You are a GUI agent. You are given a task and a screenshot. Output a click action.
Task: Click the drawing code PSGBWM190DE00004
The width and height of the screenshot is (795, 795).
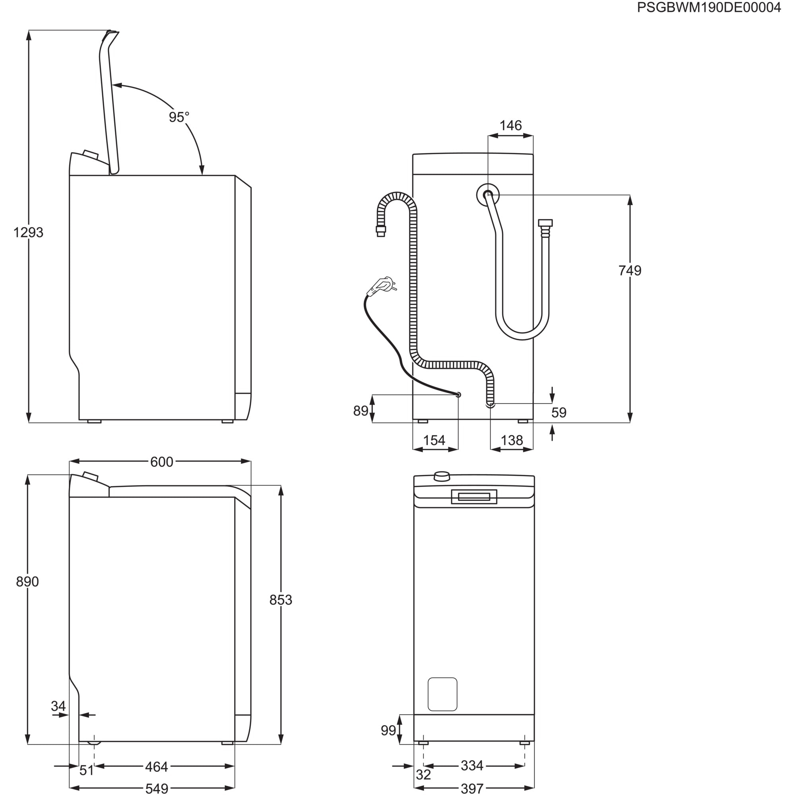709,8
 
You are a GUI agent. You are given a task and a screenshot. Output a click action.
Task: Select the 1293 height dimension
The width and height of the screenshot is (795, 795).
28,233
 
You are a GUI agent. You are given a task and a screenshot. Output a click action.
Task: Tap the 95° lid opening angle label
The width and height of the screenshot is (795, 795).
179,117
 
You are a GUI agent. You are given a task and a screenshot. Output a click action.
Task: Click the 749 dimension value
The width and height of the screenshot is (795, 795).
630,271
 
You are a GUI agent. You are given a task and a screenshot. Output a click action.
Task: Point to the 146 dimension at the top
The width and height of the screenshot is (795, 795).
510,126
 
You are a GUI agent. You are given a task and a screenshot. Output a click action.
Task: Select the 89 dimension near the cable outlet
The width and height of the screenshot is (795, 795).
361,411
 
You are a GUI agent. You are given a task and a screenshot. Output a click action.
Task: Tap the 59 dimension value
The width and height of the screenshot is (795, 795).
559,412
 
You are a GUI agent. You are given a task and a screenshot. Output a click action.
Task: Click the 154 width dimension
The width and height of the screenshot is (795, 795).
434,441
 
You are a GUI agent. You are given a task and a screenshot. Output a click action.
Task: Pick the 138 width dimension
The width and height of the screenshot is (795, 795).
512,441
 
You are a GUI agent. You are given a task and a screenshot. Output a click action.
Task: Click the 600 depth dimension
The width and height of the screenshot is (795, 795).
161,462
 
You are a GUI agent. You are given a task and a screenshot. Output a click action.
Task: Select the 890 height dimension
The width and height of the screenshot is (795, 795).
27,582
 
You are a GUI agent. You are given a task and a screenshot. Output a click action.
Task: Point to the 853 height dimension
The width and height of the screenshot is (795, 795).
281,600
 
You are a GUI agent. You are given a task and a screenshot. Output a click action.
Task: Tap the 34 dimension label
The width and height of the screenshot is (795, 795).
58,706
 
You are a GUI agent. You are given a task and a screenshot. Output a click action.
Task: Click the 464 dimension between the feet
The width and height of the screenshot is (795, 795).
156,767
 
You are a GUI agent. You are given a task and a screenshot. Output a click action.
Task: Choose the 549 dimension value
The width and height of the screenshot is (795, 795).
156,788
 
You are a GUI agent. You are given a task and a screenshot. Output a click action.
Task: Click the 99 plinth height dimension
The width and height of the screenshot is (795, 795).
388,730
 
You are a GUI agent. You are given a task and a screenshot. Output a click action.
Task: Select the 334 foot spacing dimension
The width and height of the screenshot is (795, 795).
471,766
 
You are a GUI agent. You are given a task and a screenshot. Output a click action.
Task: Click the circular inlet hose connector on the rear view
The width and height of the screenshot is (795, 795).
488,195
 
